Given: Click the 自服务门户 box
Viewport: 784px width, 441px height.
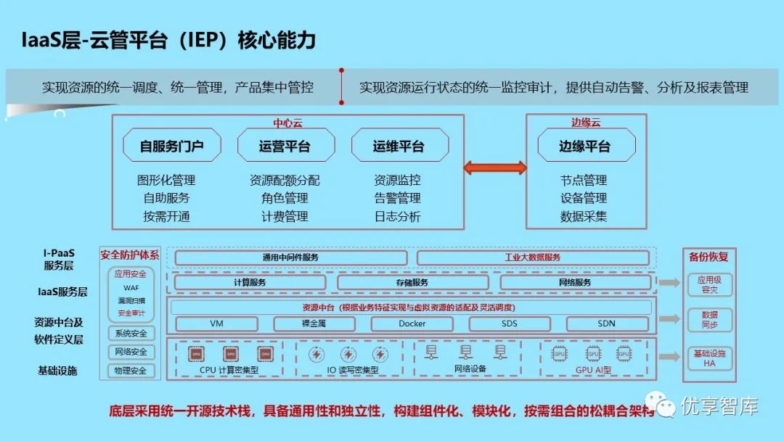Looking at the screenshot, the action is pos(171,146).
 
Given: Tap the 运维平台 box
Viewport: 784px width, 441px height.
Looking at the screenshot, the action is pos(399,146).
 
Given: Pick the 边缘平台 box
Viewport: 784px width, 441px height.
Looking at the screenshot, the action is pos(584,146).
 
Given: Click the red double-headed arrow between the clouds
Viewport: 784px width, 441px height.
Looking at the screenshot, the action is pos(495,168).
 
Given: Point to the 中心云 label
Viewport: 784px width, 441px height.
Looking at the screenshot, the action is pos(287,123).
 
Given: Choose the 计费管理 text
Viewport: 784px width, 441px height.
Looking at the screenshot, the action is pos(285,216).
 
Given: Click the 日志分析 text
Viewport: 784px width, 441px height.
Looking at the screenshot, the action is pos(397,216).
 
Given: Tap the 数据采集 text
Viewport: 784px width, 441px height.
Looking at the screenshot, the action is pos(584,216).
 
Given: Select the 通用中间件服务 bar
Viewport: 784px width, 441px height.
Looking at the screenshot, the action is pos(290,257).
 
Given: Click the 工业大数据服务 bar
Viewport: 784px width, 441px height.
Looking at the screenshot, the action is pos(532,257).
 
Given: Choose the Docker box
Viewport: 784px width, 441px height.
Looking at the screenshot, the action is pos(412,323).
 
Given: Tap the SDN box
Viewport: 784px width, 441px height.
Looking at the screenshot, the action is pos(606,323).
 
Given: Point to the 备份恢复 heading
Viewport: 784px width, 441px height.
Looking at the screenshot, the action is pos(709,256).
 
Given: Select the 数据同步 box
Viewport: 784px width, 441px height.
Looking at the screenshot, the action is pos(709,320).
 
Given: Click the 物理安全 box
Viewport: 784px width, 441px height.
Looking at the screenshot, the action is pos(131,371).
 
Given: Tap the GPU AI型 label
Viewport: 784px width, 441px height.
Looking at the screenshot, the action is pos(593,370).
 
